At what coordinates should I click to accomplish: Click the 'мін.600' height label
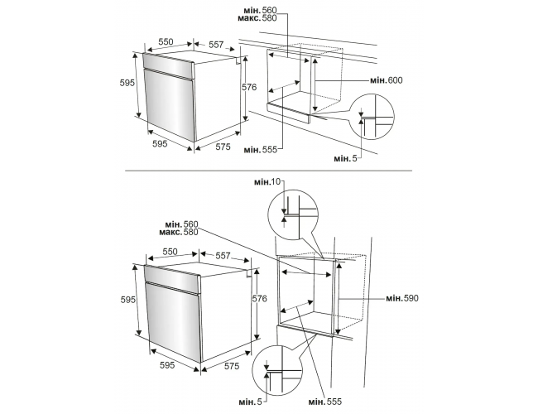386,80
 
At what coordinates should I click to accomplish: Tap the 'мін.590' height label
402,298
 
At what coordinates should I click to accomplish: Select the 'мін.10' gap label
267,181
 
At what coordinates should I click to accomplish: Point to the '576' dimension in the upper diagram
249,87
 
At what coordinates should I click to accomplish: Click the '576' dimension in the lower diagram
259,299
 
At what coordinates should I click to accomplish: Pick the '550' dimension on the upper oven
166,42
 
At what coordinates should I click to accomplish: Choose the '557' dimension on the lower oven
223,256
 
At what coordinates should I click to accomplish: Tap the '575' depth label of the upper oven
223,147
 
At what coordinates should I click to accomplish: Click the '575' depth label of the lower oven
232,366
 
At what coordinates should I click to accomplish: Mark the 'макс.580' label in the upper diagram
257,18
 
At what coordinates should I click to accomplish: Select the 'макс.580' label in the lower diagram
179,233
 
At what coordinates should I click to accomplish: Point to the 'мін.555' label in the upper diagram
261,150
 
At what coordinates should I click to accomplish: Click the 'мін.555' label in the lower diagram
325,402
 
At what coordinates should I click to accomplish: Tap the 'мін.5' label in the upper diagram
345,158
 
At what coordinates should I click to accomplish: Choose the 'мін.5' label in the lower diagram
251,402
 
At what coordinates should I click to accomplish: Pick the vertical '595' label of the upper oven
127,83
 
